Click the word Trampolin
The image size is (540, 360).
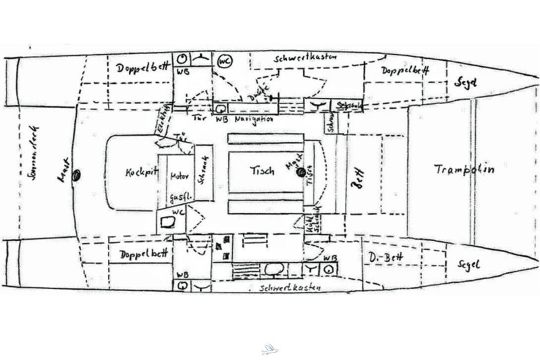pyautogui.click(x=464, y=170)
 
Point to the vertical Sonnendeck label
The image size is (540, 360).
pyautogui.click(x=30, y=172)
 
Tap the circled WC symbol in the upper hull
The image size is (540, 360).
pyautogui.click(x=225, y=61)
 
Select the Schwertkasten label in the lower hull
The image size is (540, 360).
pyautogui.click(x=291, y=288)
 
